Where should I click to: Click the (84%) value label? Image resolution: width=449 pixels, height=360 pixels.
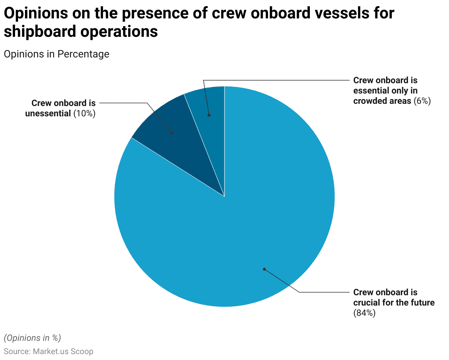[x=364, y=313]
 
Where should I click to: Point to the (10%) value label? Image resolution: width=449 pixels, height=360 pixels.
[x=84, y=114]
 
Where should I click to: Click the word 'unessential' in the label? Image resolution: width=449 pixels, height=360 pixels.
[x=48, y=114]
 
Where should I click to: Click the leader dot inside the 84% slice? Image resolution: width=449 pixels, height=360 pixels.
[x=264, y=269]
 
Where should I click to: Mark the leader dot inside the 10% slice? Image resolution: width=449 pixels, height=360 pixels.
[x=172, y=133]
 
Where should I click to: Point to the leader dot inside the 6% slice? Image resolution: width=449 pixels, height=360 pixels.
[x=209, y=115]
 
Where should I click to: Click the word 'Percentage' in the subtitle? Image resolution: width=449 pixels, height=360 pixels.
[x=83, y=54]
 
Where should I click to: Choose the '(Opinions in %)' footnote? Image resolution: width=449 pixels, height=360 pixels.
[x=32, y=338]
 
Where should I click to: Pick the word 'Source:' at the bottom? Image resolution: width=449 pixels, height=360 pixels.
[x=17, y=352]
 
